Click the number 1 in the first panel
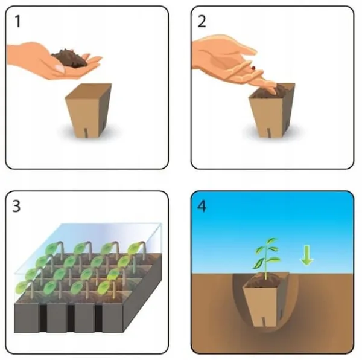(x=17, y=21)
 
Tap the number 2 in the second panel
(x=202, y=21)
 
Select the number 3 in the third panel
(x=16, y=206)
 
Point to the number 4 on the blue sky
(x=202, y=206)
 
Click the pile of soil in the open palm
(x=69, y=58)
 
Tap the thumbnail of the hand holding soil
(x=60, y=69)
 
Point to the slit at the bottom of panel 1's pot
(x=86, y=133)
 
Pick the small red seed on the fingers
(x=253, y=68)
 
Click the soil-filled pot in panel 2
(x=271, y=111)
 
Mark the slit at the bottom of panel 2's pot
(x=269, y=133)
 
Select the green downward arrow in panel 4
(x=307, y=255)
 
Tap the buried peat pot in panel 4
(x=266, y=300)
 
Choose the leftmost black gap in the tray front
(x=43, y=318)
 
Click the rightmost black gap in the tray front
(x=98, y=318)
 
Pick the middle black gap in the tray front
(x=71, y=318)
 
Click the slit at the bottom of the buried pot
(x=263, y=322)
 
